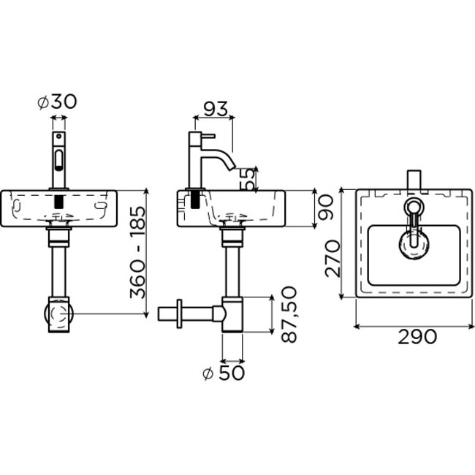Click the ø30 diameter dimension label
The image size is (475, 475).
pyautogui.click(x=57, y=103)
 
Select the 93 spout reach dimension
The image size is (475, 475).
pyautogui.click(x=213, y=109)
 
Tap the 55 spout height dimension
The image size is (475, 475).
pyautogui.click(x=250, y=179)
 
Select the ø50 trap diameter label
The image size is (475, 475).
pyautogui.click(x=224, y=373)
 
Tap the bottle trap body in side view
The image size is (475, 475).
pyautogui.click(x=232, y=314)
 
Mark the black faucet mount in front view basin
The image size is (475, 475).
pyautogui.click(x=58, y=199)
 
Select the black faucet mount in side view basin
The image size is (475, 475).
pyautogui.click(x=195, y=199)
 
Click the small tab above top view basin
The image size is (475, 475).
pyautogui.click(x=414, y=178)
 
